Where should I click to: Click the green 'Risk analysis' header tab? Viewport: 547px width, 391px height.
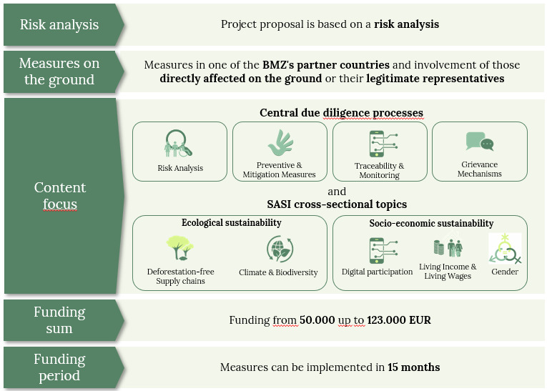[x=59, y=25]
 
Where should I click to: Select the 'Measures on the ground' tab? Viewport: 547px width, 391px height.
[x=59, y=71]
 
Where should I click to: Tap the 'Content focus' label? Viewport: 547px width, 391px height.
[x=60, y=196]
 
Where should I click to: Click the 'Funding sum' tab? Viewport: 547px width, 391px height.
[x=59, y=320]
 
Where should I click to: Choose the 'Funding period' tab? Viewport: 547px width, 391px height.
[x=59, y=367]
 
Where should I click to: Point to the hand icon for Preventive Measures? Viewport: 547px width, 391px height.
[x=280, y=144]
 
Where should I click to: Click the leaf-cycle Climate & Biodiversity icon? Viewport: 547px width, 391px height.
[x=279, y=250]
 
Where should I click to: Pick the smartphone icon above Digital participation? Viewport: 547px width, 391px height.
[x=377, y=251]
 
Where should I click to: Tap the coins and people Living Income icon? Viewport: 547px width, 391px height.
[x=448, y=247]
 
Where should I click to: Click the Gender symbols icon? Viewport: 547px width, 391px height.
[x=505, y=251]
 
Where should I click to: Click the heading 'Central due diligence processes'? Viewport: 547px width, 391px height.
[x=341, y=113]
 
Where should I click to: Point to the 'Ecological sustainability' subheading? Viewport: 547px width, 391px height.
[x=231, y=223]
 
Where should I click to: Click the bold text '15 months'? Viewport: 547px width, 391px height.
[x=413, y=367]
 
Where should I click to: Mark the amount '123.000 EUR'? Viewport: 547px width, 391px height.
[x=399, y=320]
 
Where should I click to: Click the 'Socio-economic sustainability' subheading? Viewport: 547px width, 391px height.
[x=431, y=223]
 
